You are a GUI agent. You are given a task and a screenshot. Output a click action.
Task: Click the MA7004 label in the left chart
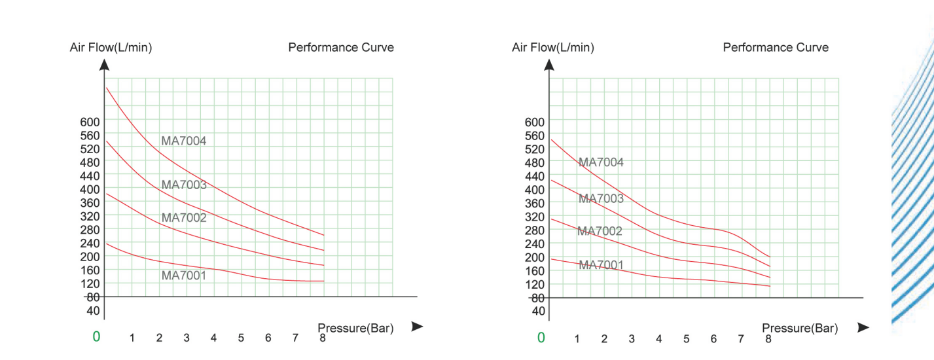click(184, 141)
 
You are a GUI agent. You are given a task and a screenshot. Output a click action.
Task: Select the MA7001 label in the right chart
click(601, 265)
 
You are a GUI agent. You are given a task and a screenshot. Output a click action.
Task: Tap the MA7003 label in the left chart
click(184, 185)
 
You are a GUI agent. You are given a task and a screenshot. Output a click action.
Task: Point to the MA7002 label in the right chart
click(600, 231)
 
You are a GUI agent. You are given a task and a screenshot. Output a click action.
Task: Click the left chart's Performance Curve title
click(341, 48)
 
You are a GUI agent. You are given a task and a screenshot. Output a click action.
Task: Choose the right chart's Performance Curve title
click(776, 48)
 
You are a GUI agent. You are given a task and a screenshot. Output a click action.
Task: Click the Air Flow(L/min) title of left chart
click(111, 48)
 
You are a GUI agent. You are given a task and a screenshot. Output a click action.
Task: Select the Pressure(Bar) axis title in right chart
click(800, 329)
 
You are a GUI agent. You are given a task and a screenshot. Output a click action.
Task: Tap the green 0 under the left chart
click(97, 337)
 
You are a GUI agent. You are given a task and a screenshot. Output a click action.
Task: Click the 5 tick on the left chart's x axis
click(241, 338)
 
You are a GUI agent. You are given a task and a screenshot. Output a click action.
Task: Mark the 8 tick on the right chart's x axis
click(768, 339)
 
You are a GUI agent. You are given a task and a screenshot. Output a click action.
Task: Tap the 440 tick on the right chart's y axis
click(535, 176)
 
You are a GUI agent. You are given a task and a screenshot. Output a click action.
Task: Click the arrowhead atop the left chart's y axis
click(104, 64)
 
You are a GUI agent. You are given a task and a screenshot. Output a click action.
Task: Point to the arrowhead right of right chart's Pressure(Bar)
click(863, 327)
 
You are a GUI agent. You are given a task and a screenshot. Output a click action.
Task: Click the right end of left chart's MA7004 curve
click(324, 235)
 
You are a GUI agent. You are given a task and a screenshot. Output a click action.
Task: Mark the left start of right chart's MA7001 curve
click(551, 259)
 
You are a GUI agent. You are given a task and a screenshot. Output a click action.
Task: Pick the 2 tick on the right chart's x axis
click(604, 339)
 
